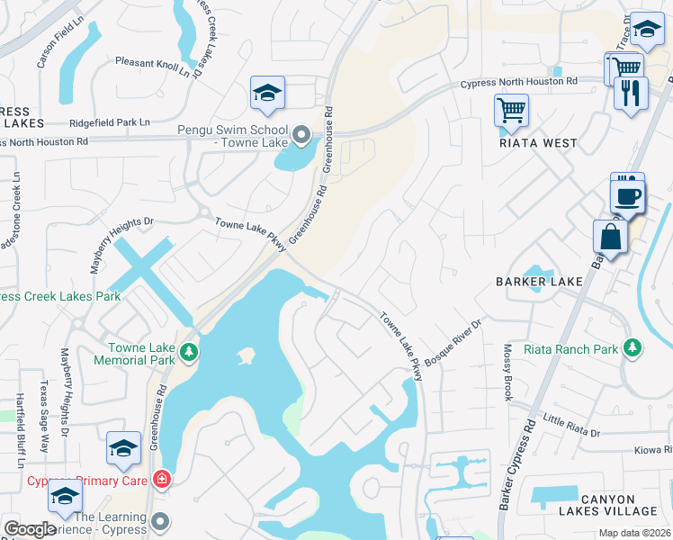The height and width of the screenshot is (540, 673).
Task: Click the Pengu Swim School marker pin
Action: (x=302, y=136)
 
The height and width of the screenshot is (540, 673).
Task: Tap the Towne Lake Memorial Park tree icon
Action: (x=188, y=351)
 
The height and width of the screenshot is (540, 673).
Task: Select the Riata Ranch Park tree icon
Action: (x=633, y=347)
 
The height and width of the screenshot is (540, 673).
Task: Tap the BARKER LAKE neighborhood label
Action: (x=539, y=282)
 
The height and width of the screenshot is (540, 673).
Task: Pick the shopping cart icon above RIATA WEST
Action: (x=511, y=110)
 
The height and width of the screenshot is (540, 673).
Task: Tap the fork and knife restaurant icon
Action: (x=631, y=92)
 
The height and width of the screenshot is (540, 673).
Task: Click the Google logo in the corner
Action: (x=31, y=529)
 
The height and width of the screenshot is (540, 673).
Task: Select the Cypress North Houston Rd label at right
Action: (x=519, y=82)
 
